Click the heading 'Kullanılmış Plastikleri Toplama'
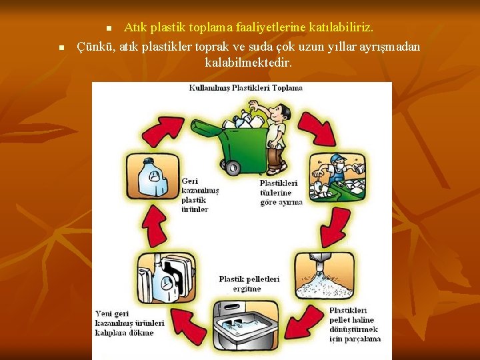pyautogui.click(x=245, y=88)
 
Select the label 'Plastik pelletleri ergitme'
pyautogui.click(x=249, y=283)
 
